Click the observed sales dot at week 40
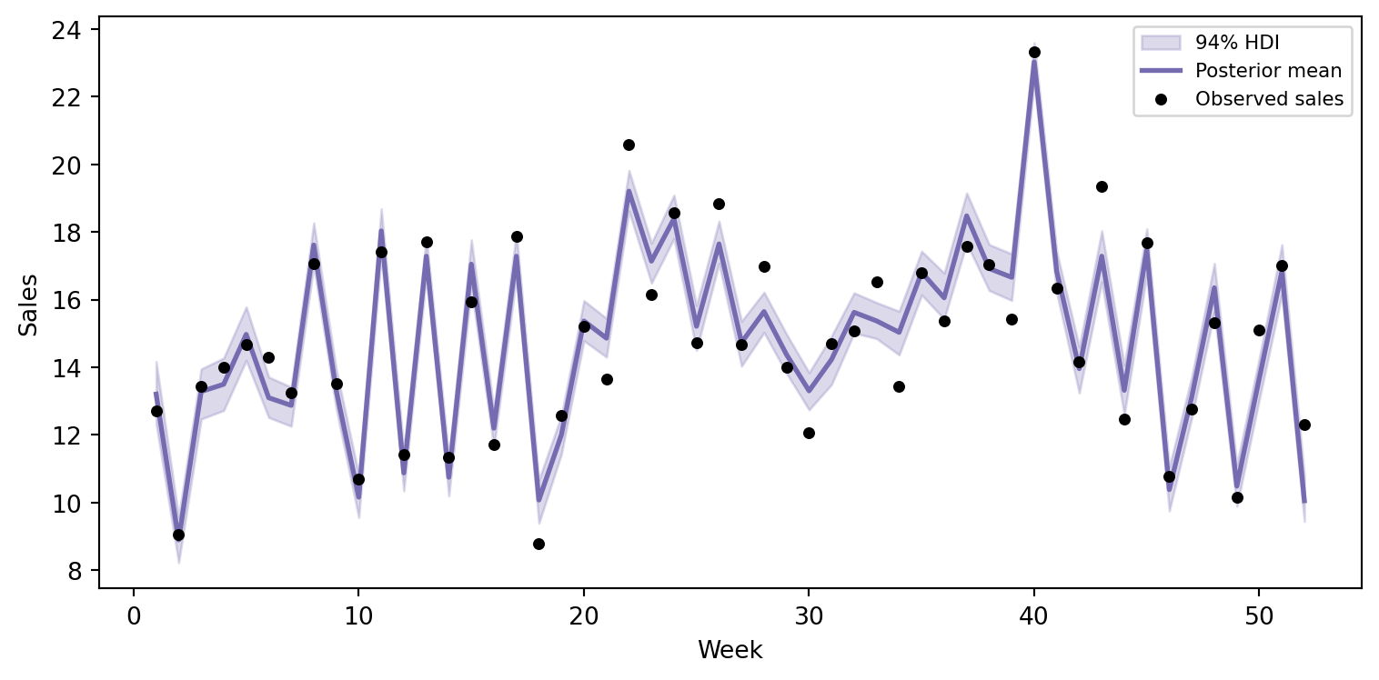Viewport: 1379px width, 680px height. (x=1034, y=53)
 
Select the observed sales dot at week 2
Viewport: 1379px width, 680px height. (x=178, y=535)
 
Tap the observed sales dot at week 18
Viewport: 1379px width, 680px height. (x=539, y=544)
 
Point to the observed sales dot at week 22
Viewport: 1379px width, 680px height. (x=629, y=145)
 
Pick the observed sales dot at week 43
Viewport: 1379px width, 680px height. (x=1102, y=187)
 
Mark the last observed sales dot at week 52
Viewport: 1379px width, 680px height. (x=1304, y=425)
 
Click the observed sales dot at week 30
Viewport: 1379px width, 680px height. (x=809, y=434)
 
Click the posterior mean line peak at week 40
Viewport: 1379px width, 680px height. (x=1034, y=62)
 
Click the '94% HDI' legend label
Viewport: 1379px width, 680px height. (x=1237, y=43)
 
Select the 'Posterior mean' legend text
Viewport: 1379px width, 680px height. (x=1268, y=71)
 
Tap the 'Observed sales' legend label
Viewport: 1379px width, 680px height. (x=1270, y=99)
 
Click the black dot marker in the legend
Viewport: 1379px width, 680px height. (x=1161, y=100)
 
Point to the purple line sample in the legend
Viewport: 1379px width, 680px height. (x=1161, y=71)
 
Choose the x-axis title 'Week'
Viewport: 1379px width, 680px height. (x=730, y=650)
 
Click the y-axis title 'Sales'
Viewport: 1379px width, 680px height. (x=28, y=305)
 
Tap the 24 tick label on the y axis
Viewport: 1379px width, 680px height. (x=66, y=30)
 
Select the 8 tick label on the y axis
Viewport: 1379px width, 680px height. (x=75, y=572)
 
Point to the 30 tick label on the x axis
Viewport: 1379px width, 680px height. (x=809, y=616)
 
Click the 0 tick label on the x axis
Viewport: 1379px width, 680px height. (x=134, y=616)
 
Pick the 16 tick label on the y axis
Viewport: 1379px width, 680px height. (x=66, y=301)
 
